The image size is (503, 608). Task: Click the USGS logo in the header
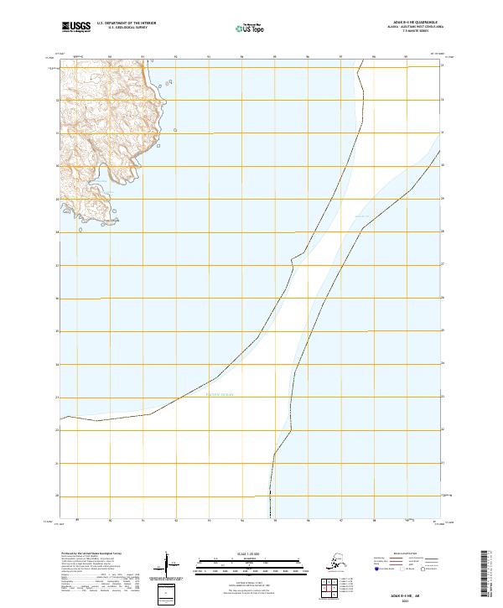click(75, 27)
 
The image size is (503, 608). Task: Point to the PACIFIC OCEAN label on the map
click(220, 394)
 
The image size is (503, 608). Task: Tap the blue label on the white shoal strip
click(362, 216)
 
